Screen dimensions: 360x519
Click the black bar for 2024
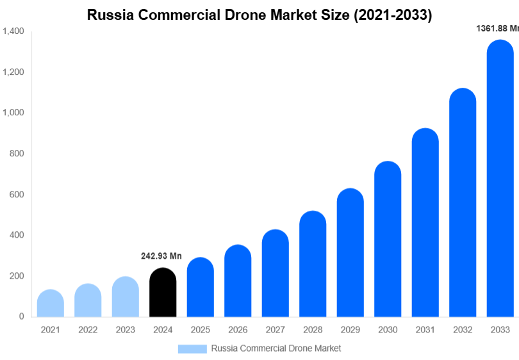pos(163,293)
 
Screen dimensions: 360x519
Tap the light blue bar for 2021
pos(51,304)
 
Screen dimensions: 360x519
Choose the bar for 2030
pos(388,240)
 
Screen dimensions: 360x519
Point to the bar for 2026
pos(238,281)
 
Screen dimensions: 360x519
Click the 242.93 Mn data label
pos(161,256)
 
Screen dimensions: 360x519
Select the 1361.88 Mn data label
pos(497,28)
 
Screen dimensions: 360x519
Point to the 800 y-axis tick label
pos(17,154)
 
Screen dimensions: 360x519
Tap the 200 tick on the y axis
pos(17,276)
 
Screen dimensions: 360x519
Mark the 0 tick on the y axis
pos(21,316)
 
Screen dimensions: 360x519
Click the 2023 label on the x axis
pos(126,330)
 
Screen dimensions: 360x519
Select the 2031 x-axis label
pos(425,330)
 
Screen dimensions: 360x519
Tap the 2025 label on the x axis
pos(201,330)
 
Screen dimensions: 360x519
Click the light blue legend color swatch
pos(192,348)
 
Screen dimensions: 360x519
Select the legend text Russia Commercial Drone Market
pos(276,348)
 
